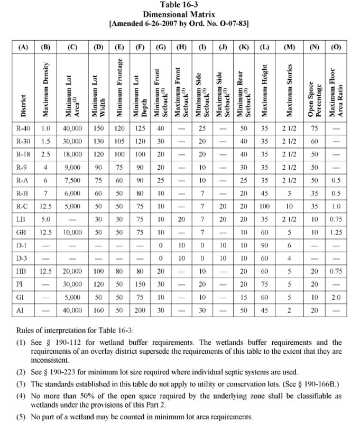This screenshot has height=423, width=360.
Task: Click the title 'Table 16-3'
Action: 180,5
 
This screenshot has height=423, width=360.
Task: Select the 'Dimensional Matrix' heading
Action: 180,15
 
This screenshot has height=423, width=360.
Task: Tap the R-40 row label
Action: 23,128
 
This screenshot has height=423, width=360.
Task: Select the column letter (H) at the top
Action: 181,47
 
